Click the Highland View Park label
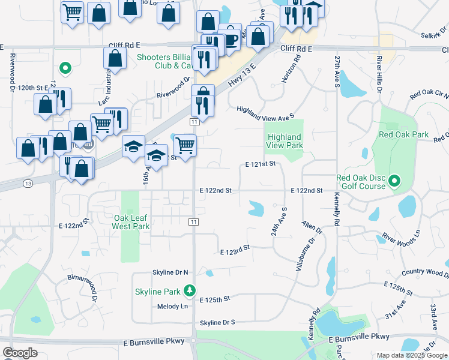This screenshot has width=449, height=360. [x=285, y=141]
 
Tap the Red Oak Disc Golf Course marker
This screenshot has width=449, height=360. [x=394, y=180]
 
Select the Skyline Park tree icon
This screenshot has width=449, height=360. [x=190, y=290]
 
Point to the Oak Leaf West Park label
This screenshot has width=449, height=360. [x=130, y=222]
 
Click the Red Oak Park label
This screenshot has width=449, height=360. [x=403, y=134]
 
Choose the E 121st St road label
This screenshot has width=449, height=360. [x=260, y=164]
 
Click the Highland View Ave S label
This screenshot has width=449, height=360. [x=265, y=112]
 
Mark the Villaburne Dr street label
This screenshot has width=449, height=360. [x=304, y=255]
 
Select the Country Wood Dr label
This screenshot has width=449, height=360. [x=424, y=272]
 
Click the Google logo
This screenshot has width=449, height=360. [x=20, y=353]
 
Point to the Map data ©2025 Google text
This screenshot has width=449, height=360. [x=411, y=355]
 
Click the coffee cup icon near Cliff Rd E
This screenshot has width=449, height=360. [x=230, y=40]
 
